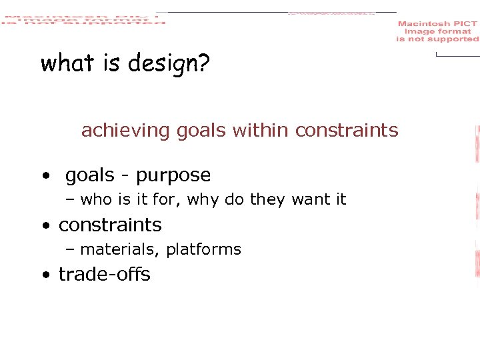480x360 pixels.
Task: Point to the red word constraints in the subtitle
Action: click(x=347, y=130)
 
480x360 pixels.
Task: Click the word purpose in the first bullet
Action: click(x=173, y=176)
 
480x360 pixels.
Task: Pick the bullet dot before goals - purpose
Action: click(x=44, y=176)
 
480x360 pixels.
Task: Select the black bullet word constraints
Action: click(x=110, y=225)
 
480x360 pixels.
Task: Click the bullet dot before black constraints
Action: click(x=44, y=226)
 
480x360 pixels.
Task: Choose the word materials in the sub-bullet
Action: click(x=120, y=250)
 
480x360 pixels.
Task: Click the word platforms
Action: click(x=203, y=250)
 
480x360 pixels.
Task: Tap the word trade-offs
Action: click(x=105, y=275)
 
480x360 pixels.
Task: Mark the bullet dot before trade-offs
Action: click(x=44, y=275)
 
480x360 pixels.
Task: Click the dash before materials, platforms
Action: click(x=70, y=250)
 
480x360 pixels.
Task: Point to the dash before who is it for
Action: click(x=70, y=200)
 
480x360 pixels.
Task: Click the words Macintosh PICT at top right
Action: click(x=437, y=24)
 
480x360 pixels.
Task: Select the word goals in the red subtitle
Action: click(x=201, y=131)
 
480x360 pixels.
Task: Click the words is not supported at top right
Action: click(x=437, y=39)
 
